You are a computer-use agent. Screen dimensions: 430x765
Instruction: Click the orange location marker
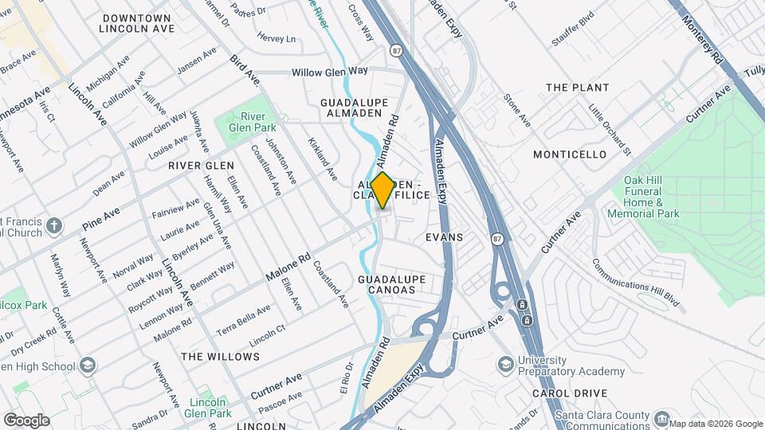[x=382, y=190]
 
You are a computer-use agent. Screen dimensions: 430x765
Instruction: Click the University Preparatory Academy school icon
[x=505, y=365]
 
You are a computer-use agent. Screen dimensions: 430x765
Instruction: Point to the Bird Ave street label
[x=244, y=69]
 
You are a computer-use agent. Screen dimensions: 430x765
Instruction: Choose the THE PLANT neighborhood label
[x=577, y=88]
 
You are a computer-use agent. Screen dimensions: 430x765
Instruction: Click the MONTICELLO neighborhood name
[x=570, y=154]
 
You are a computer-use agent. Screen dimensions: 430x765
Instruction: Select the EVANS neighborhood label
[x=444, y=237]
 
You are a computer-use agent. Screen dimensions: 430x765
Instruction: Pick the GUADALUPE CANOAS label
[x=392, y=284]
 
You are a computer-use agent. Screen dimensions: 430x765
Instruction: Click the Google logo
[x=25, y=420]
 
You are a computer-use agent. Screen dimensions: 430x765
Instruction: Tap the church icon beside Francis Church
[x=53, y=226]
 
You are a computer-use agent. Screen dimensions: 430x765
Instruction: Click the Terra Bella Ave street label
[x=244, y=317]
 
